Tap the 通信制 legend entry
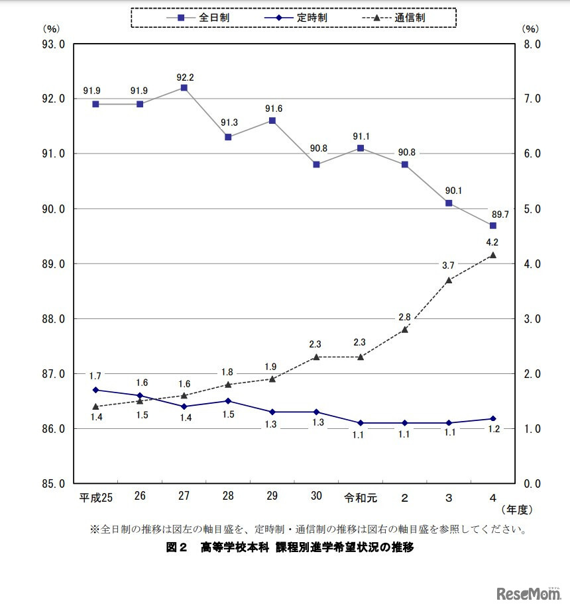tap(398, 17)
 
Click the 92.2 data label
tap(184, 77)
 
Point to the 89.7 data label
tap(500, 214)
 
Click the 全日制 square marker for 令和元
tap(361, 148)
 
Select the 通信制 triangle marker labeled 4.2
tap(492, 255)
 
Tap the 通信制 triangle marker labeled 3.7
tap(449, 280)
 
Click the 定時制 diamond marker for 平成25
tap(96, 390)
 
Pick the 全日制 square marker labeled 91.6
tap(272, 120)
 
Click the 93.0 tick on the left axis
tap(52, 44)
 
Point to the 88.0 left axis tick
tap(52, 319)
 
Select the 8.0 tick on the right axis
tap(532, 44)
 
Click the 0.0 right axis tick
tap(532, 484)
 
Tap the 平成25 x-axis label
tap(96, 496)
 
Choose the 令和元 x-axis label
tap(361, 496)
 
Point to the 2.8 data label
tap(404, 317)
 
